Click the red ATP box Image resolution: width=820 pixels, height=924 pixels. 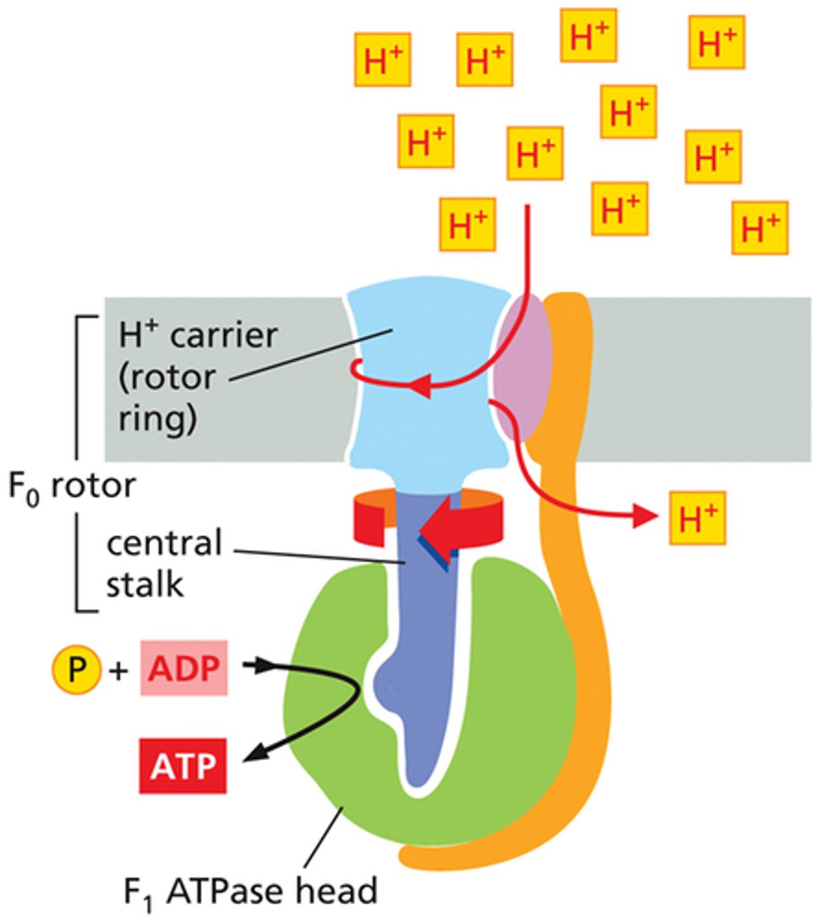click(183, 766)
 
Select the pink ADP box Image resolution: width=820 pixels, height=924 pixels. click(184, 668)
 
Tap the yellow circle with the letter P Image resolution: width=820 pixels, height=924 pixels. click(76, 670)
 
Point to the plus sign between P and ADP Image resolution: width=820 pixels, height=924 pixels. click(118, 671)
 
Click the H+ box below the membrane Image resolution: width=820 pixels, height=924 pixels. click(697, 517)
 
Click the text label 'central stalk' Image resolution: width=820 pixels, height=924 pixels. click(163, 564)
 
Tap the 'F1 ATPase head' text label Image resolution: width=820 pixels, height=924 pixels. click(251, 892)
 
